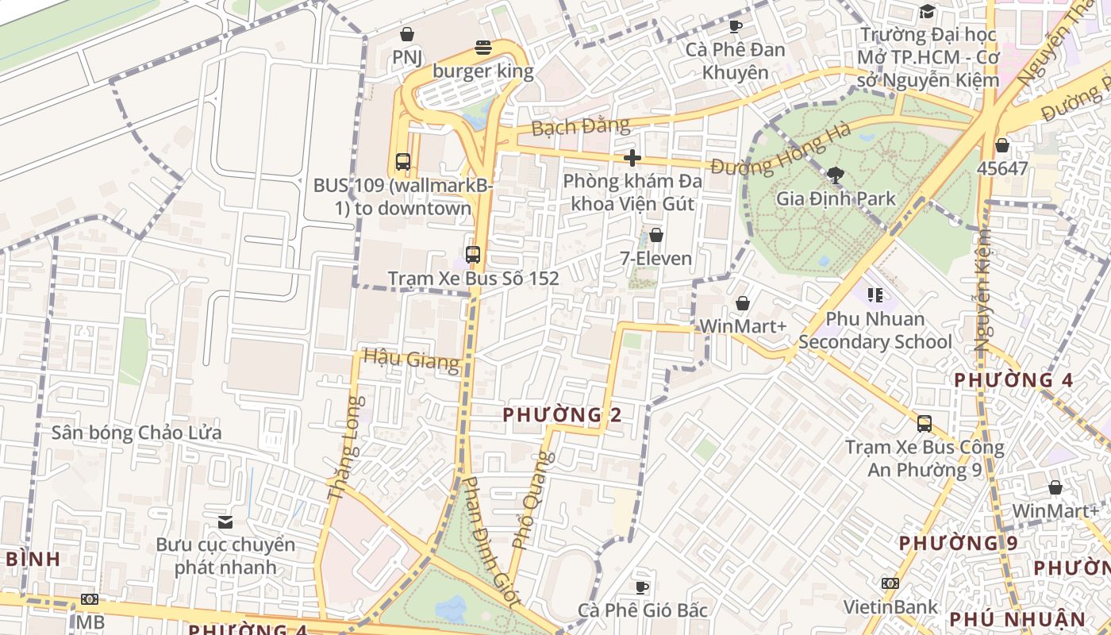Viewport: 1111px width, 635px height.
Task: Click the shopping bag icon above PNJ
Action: (x=407, y=34)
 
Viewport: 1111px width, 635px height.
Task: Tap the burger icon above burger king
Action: (x=482, y=48)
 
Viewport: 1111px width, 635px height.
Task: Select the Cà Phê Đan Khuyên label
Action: (x=736, y=61)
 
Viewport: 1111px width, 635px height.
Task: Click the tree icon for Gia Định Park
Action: (x=835, y=175)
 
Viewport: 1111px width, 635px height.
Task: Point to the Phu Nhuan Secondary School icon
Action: (x=875, y=295)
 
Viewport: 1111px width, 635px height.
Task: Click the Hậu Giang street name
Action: (x=411, y=360)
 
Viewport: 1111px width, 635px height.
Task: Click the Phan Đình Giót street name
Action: (x=491, y=542)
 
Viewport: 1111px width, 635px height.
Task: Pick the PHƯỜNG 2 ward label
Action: (x=562, y=414)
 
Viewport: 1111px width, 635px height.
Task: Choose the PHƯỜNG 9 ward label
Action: (x=958, y=544)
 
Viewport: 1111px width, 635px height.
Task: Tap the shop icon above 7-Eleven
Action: (x=656, y=235)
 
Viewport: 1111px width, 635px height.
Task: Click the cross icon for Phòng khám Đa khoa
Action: (x=632, y=158)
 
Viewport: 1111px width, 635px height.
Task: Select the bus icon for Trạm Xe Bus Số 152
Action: (x=473, y=255)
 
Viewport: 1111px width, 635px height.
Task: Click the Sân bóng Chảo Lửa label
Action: (x=136, y=433)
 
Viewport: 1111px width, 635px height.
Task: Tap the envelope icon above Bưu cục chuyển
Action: (x=225, y=521)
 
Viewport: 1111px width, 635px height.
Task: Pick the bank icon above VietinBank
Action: (x=890, y=583)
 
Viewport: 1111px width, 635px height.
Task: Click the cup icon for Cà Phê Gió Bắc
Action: (x=642, y=587)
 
